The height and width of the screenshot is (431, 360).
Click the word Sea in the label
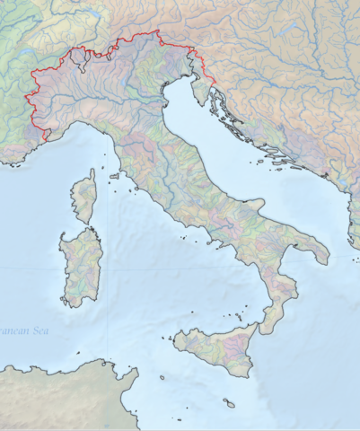coord(40,332)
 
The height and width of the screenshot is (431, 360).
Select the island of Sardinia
coord(81,267)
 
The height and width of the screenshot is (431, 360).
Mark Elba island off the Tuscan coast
coord(115,177)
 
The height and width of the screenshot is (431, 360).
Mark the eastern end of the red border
coord(213,87)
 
